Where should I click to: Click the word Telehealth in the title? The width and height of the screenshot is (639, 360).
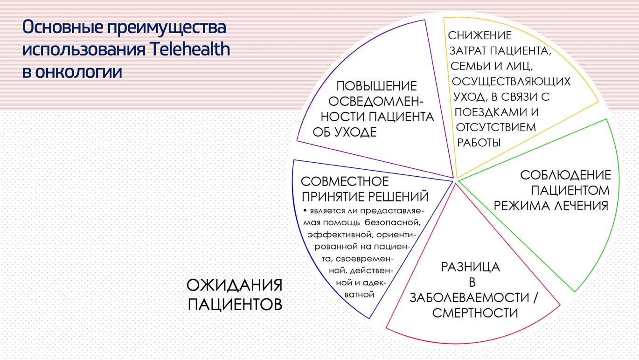(190, 49)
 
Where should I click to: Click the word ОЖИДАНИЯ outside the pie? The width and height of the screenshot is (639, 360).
(235, 285)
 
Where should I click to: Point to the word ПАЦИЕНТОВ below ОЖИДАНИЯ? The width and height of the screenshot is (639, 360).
(235, 304)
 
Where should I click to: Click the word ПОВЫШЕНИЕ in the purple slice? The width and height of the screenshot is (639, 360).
(376, 86)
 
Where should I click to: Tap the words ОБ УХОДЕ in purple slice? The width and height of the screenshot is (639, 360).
(345, 132)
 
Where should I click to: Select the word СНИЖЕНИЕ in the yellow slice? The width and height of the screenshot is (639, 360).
(480, 35)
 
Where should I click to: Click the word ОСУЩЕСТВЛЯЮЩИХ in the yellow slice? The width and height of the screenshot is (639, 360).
(511, 82)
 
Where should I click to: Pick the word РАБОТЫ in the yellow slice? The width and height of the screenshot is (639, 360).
(479, 143)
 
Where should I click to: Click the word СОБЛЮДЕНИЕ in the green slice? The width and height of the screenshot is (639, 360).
(566, 175)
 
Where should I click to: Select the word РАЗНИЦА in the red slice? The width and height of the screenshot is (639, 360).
(471, 267)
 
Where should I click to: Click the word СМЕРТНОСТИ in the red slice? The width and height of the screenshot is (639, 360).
(475, 313)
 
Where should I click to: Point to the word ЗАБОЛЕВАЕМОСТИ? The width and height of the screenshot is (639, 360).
(469, 298)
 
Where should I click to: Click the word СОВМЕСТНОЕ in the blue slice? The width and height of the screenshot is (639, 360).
(345, 181)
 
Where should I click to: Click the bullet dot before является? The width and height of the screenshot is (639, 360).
(305, 210)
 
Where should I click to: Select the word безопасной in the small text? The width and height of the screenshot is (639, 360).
(393, 222)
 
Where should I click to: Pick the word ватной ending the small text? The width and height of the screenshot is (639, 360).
(359, 294)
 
